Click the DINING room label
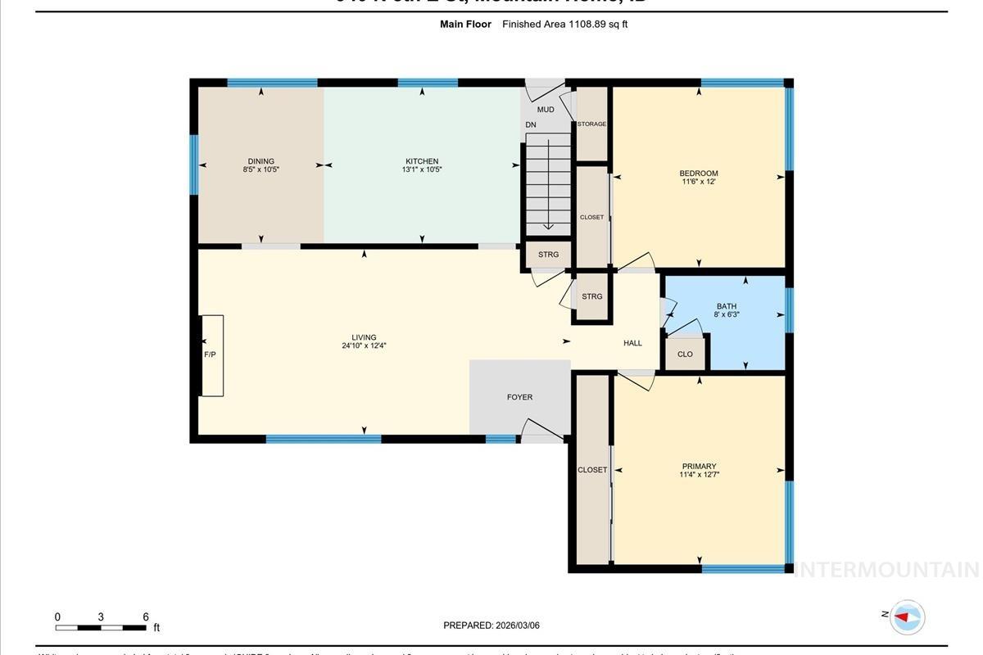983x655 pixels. [261, 161]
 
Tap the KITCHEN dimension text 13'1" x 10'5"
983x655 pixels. [422, 170]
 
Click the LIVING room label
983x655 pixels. [364, 337]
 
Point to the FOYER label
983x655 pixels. [519, 397]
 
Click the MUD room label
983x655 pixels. [546, 110]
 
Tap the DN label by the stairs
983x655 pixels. [531, 124]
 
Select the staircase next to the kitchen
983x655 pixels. [547, 184]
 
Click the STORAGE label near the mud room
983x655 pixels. [591, 124]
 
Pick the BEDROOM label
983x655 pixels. [699, 173]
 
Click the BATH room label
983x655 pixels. [727, 307]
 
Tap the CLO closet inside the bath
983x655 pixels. [685, 355]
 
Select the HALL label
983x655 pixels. [632, 343]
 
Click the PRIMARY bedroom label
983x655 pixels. [699, 467]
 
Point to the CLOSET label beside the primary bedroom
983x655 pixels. [592, 470]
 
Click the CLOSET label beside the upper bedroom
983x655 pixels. [591, 218]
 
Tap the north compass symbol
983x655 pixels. [906, 617]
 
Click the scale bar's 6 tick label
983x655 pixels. [145, 617]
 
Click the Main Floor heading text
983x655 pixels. [465, 25]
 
